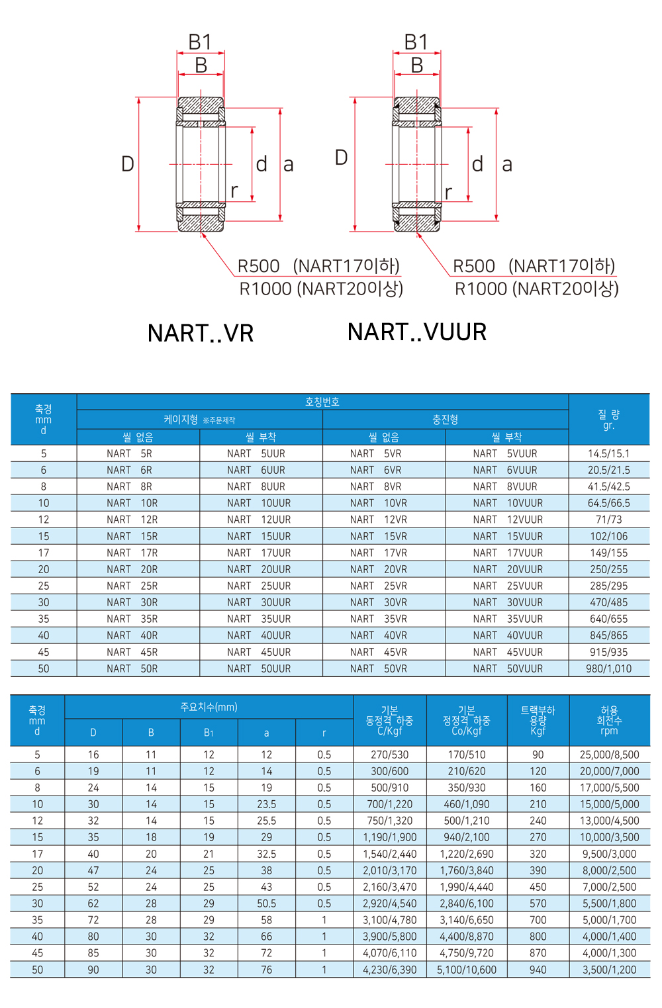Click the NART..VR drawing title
(201, 333)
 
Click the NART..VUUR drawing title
(417, 332)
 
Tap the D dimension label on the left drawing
(128, 163)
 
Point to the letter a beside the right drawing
(507, 164)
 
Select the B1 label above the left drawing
(200, 42)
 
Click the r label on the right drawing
(448, 192)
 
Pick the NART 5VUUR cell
(507, 453)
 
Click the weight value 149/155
(609, 553)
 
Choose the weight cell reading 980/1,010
(609, 668)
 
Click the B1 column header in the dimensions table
(209, 733)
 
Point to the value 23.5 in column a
(266, 804)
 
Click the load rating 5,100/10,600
(467, 970)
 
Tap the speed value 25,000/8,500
(609, 755)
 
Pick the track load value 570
(538, 903)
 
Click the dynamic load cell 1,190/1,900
(389, 837)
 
